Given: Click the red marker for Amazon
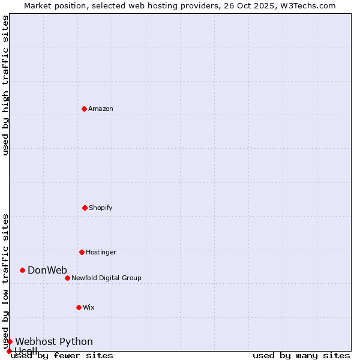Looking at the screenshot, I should tap(84, 109).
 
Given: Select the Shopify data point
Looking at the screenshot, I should tap(85, 208).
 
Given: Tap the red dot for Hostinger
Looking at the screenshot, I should tap(82, 252).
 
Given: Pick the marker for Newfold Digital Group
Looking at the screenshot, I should tap(67, 278).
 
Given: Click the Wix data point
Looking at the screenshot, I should tap(79, 307).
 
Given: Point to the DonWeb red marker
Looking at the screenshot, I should tap(22, 270).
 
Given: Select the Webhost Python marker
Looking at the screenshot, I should tap(10, 341).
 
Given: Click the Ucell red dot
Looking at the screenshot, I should tap(9, 351).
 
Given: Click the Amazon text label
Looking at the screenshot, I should tap(101, 109).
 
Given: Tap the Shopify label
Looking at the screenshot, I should tap(101, 208).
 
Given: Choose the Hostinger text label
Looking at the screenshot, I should tap(101, 252).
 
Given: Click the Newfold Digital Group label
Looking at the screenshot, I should tap(106, 278).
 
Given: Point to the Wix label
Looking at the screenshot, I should tap(89, 307).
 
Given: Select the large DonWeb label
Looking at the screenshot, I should tap(47, 270).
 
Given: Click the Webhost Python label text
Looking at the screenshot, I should tap(54, 341).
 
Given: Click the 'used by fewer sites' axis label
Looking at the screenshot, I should tap(62, 356).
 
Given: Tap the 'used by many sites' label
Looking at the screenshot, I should tap(301, 356).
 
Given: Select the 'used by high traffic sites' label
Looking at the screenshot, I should tap(5, 85).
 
